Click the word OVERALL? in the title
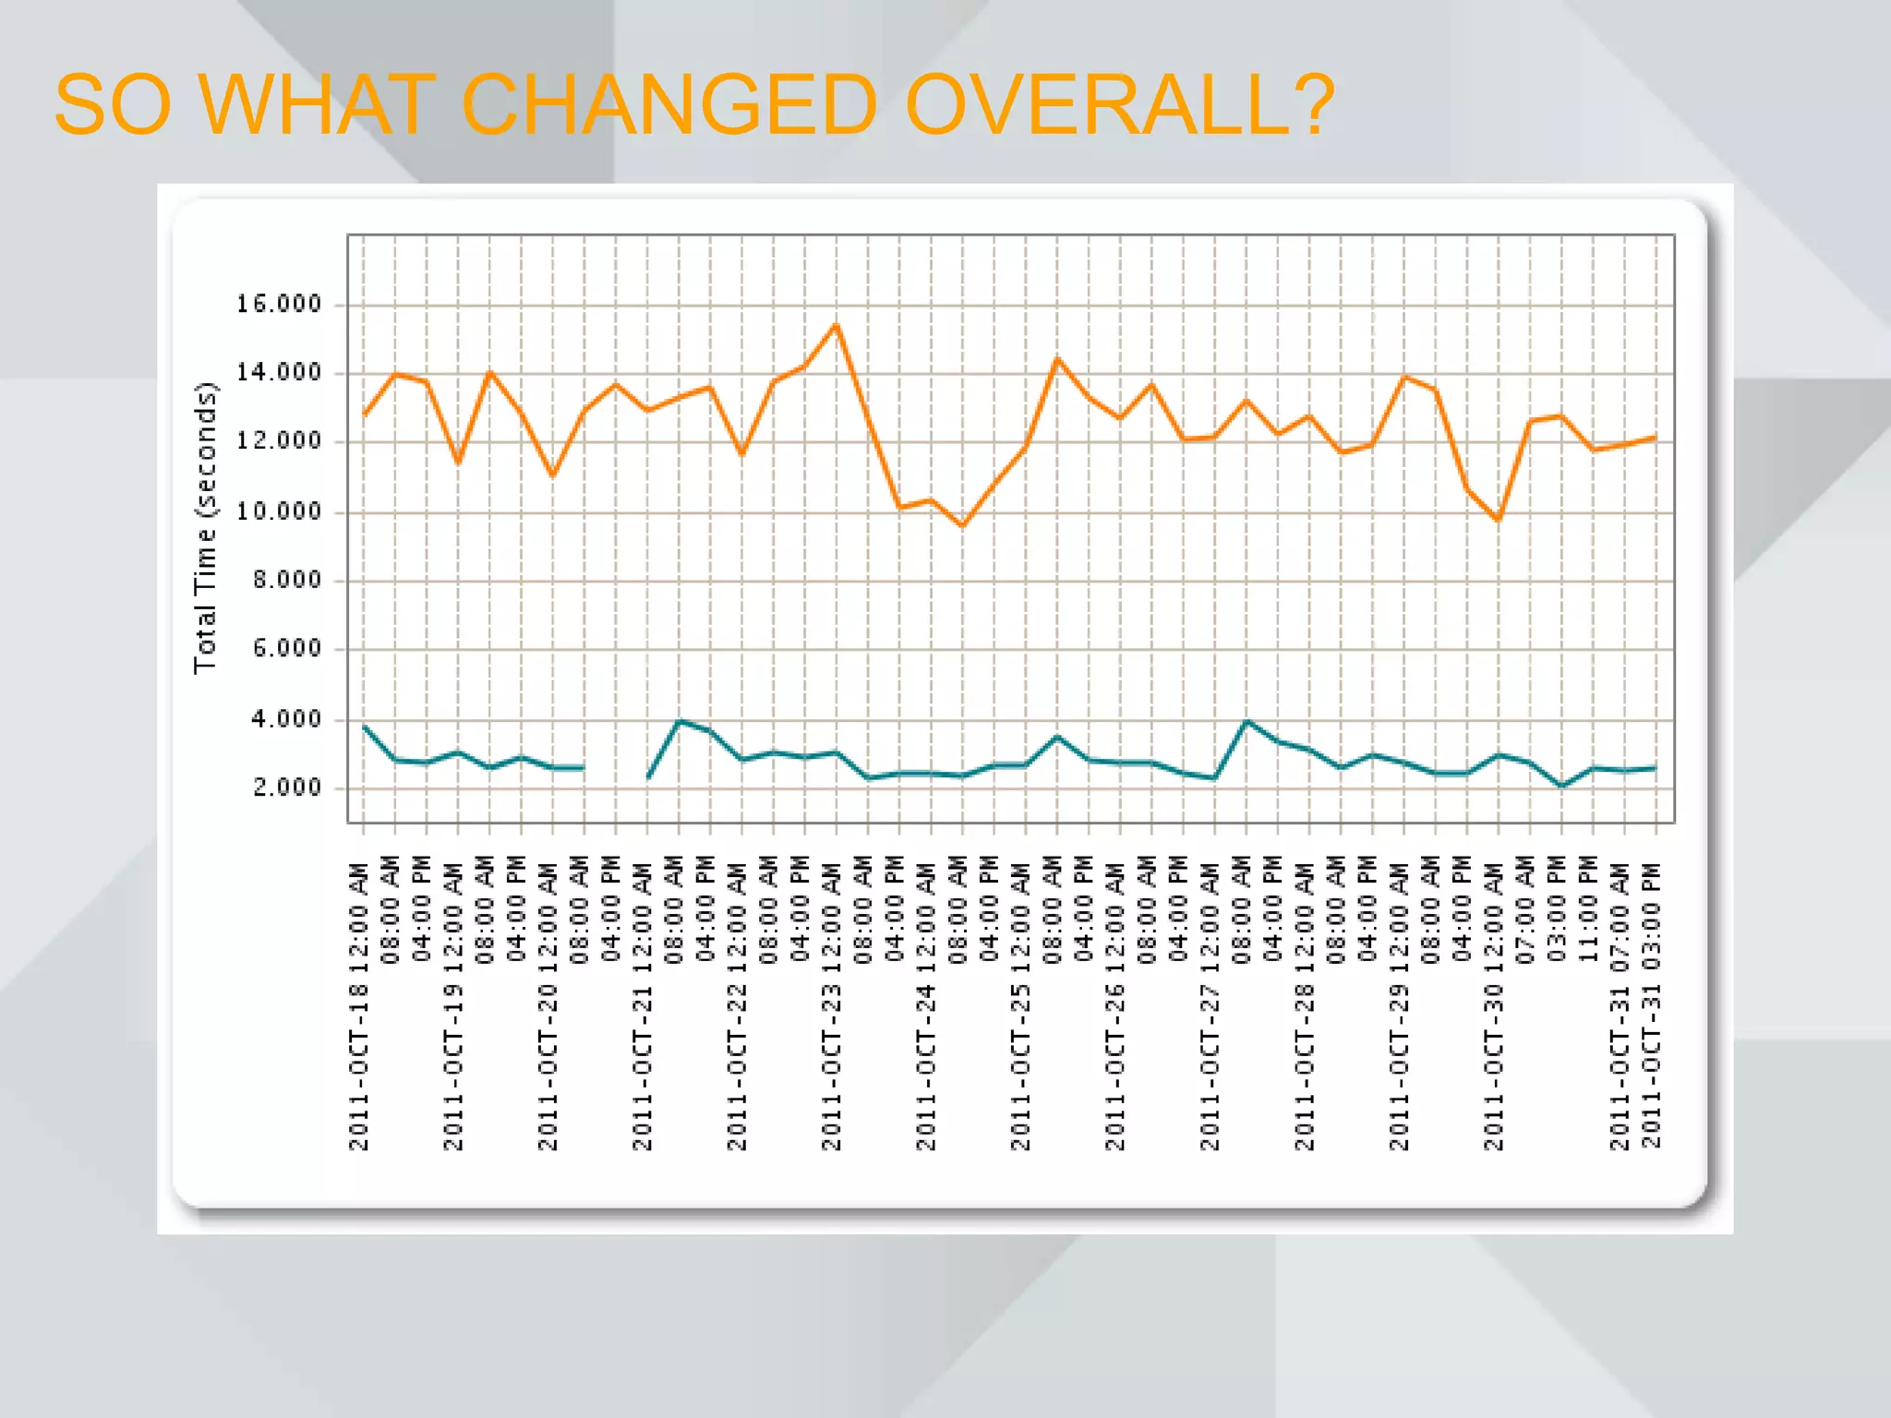pos(1119,104)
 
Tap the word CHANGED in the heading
pos(668,104)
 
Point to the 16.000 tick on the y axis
pos(278,304)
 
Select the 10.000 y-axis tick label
pos(278,511)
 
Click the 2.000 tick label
pos(286,787)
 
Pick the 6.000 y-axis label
pos(286,649)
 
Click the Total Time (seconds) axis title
pos(206,528)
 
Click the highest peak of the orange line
pos(837,325)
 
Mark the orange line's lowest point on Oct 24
pos(962,526)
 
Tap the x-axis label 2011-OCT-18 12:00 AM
pos(359,1006)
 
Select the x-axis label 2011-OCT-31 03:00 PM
pos(1652,1006)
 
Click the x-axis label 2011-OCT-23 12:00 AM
pos(832,1006)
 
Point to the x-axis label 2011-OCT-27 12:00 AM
pos(1210,1006)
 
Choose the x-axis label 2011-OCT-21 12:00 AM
pos(643,1006)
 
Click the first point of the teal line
pos(364,727)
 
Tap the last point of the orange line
pos(1655,438)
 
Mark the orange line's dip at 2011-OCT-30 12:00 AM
pos(1498,520)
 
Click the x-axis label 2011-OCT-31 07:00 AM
pos(1620,1006)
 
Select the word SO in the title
pos(113,104)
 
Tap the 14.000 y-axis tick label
pos(278,373)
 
